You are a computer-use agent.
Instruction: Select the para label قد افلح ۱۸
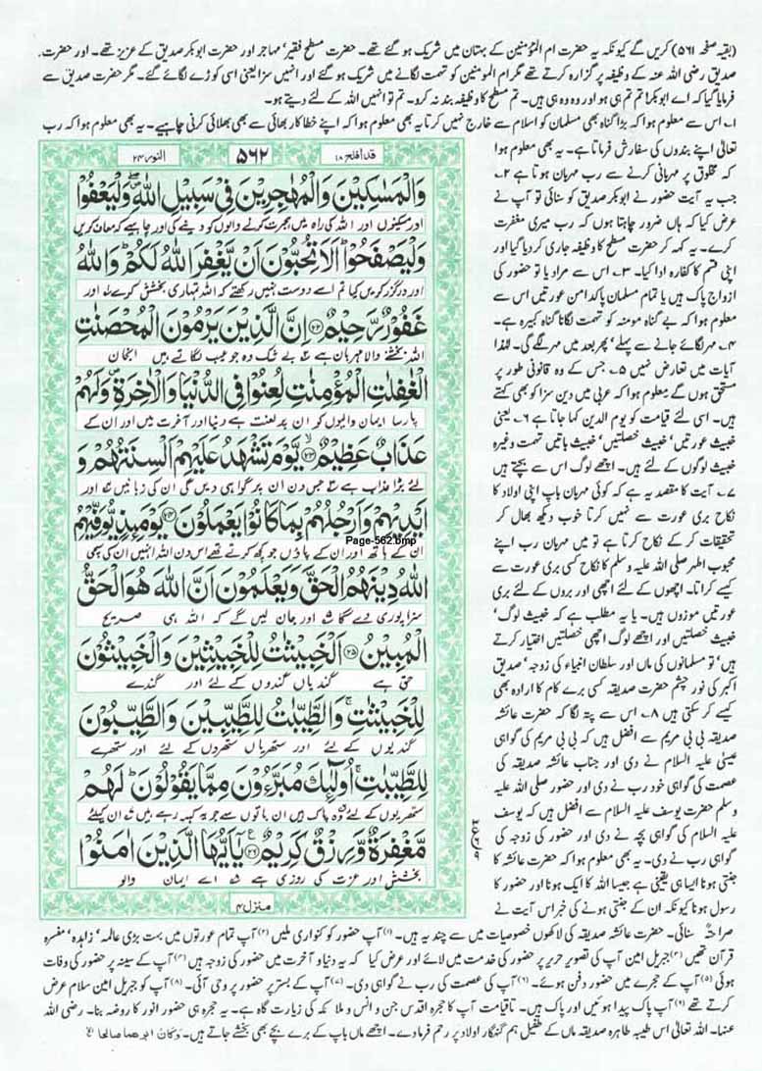click(x=349, y=155)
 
